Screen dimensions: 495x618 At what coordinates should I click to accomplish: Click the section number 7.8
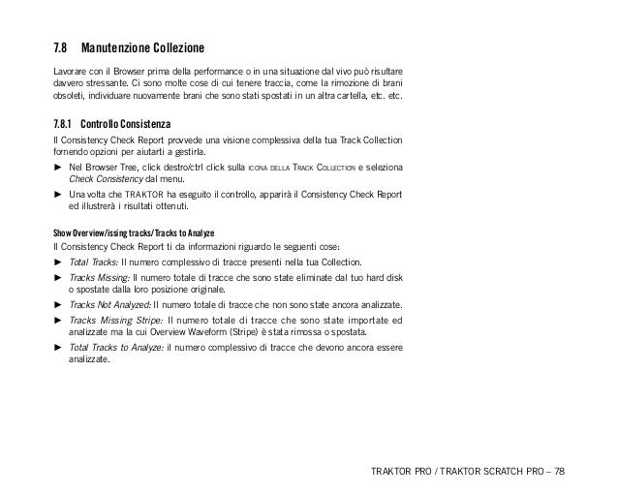tap(61, 47)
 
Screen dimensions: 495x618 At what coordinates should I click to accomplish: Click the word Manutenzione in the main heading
tap(117, 47)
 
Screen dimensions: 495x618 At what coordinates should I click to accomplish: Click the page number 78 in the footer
tap(561, 472)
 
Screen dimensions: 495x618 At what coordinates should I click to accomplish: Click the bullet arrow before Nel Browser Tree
tap(57, 168)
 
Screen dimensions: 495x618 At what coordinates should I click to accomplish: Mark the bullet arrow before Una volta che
tap(57, 196)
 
